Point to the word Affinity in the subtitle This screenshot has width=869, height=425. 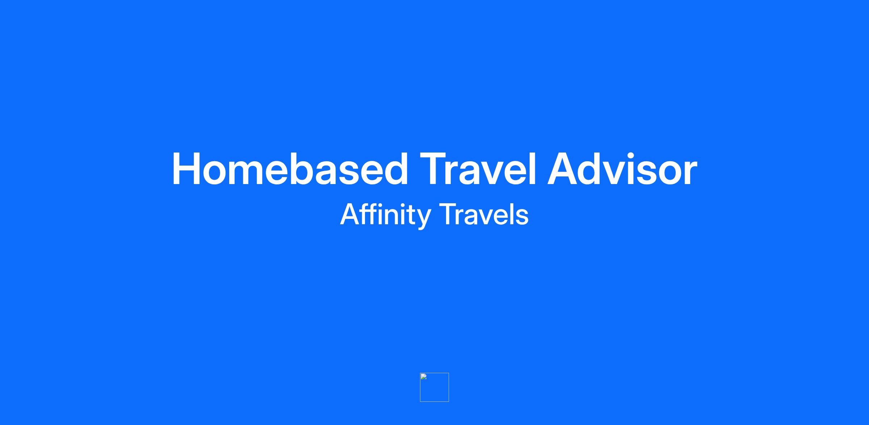coord(385,215)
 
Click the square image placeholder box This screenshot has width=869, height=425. coord(434,387)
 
